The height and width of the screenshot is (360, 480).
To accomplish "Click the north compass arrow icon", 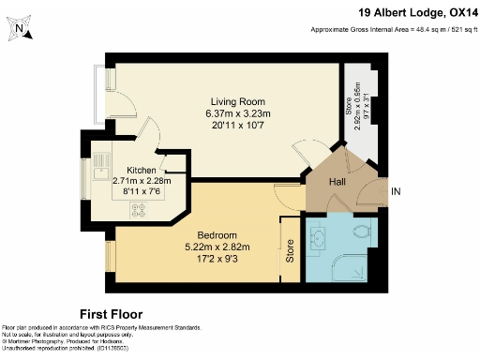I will coord(22,30).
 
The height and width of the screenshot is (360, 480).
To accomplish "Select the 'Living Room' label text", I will coord(237,101).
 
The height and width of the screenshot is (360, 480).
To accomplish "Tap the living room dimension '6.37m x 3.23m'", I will coord(237,113).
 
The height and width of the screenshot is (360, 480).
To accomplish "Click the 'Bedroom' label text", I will coord(217,234).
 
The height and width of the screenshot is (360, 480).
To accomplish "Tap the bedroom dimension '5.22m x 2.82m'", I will coord(217,247).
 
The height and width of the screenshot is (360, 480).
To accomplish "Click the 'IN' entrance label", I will coord(396,192).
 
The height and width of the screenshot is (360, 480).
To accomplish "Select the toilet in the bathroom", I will coord(360,230).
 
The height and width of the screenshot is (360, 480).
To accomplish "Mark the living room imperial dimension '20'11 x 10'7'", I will coord(237,126).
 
